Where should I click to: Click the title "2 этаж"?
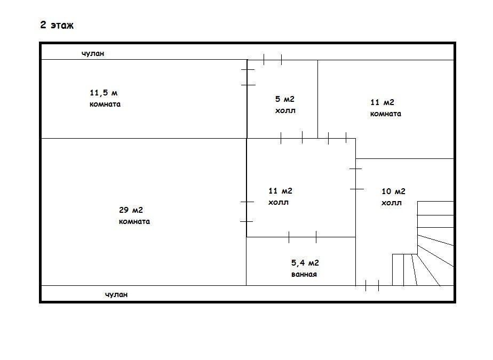57,25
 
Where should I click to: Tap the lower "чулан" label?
116,294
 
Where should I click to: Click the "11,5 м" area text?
103,93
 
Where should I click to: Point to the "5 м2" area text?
284,99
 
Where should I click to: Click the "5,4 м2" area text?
305,262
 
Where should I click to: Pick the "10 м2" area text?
394,191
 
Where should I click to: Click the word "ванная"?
304,274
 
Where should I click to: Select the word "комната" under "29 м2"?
134,221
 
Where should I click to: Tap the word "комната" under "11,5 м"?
105,104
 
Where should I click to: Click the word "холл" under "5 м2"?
285,111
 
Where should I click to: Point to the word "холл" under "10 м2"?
392,203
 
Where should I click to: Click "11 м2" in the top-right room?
382,102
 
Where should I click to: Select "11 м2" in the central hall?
280,191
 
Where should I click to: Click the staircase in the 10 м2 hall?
427,245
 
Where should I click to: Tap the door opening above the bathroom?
303,237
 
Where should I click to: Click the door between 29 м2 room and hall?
246,212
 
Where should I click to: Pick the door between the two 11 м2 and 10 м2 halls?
356,179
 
